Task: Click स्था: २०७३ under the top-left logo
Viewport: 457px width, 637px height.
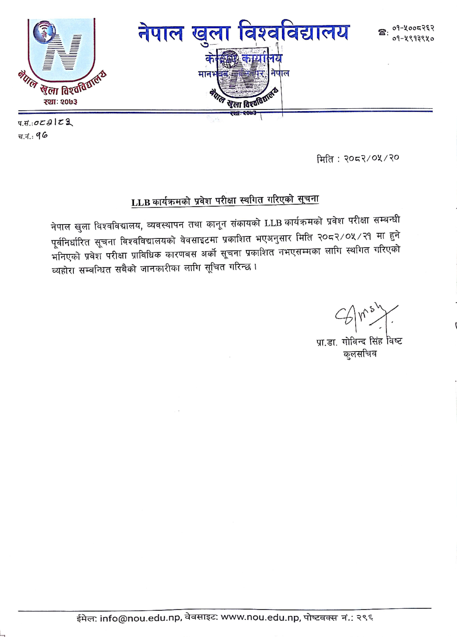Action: [x=60, y=102]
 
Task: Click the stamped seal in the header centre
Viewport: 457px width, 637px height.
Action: [x=242, y=81]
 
